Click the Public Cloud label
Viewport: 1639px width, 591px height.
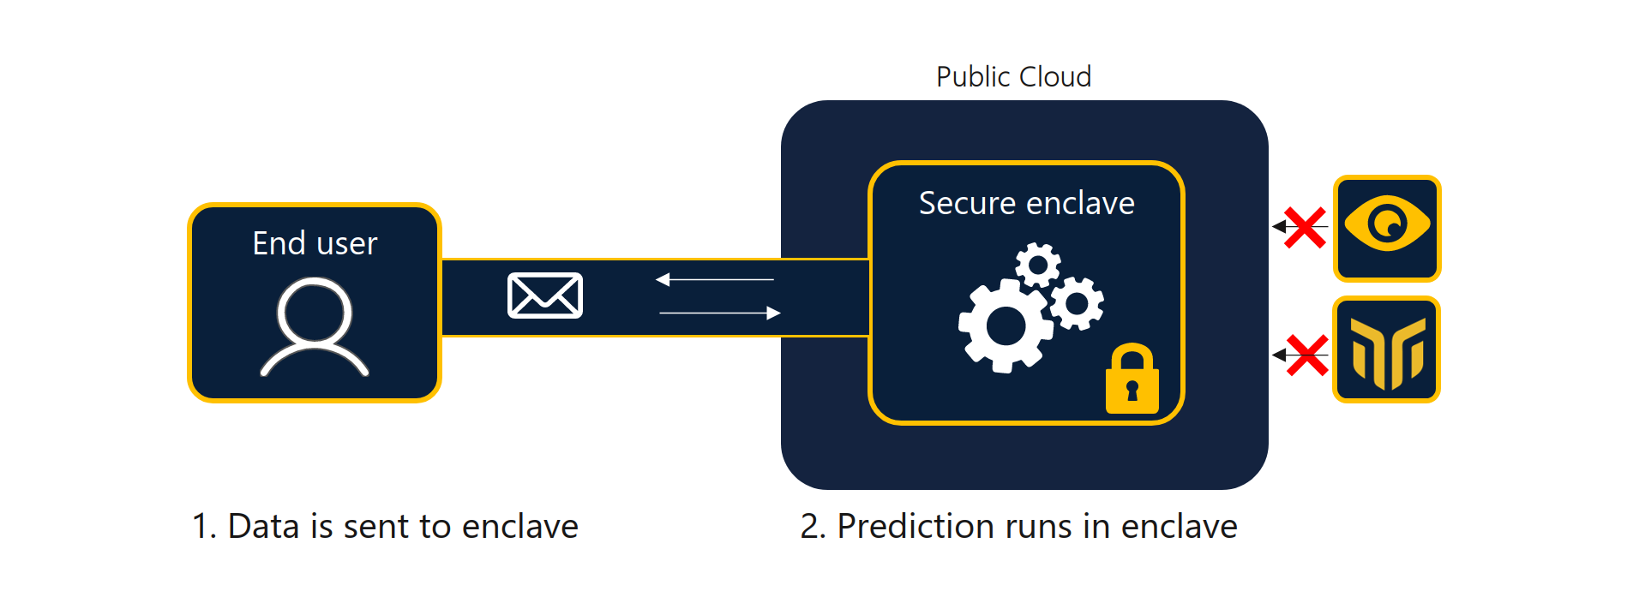[x=1013, y=77]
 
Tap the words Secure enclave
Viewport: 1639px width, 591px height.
[x=1026, y=204]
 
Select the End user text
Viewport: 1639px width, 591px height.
[x=315, y=244]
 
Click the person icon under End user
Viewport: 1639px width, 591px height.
[x=315, y=326]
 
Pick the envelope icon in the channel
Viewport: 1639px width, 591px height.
[x=545, y=295]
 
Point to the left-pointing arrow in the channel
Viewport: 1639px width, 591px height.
[x=714, y=279]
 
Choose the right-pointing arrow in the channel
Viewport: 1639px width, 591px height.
[x=720, y=313]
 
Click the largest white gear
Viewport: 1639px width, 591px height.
[x=1005, y=325]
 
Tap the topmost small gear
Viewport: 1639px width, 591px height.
[x=1038, y=266]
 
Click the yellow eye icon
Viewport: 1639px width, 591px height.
[x=1387, y=224]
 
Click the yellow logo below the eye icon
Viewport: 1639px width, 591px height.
[x=1387, y=351]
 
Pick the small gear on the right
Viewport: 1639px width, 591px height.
[x=1078, y=303]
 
